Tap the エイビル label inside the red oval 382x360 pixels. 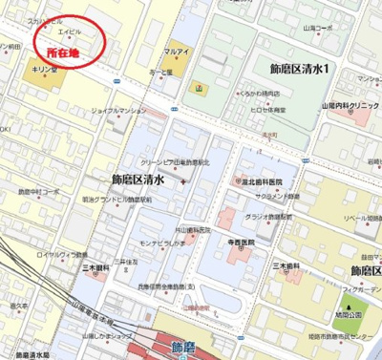[x=70, y=31]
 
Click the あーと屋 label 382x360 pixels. [x=160, y=71]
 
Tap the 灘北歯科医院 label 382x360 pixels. [x=262, y=180]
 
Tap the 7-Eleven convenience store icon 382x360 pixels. [x=199, y=87]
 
